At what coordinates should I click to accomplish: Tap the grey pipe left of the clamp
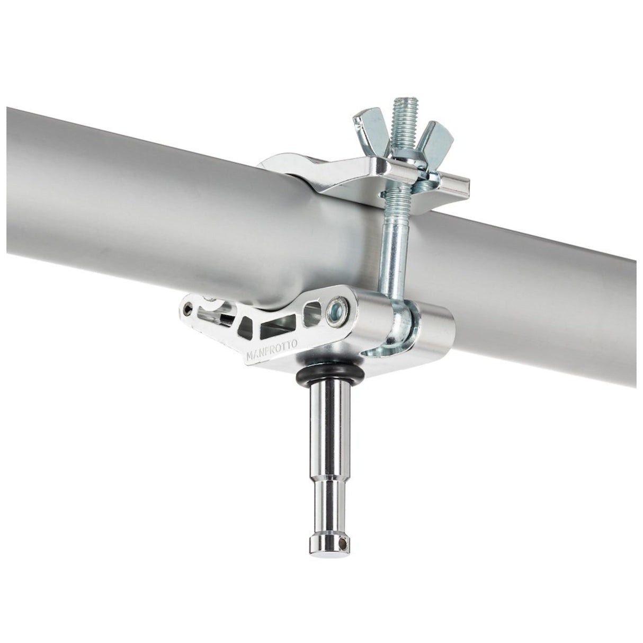coord(132,196)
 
